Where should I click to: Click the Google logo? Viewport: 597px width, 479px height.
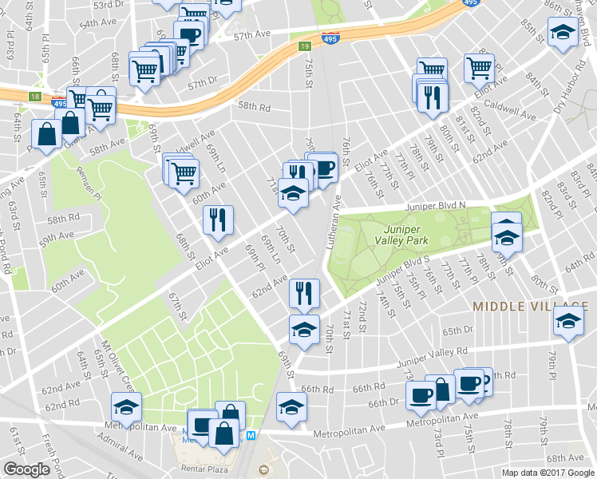pyautogui.click(x=26, y=470)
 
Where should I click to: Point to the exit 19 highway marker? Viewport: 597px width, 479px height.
pyautogui.click(x=305, y=47)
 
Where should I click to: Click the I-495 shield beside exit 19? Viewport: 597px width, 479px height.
pyautogui.click(x=329, y=38)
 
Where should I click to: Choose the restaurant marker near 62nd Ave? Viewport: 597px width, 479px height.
pyautogui.click(x=303, y=292)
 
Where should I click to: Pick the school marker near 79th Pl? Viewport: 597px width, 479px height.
pyautogui.click(x=567, y=322)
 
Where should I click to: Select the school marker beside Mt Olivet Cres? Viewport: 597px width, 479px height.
pyautogui.click(x=126, y=406)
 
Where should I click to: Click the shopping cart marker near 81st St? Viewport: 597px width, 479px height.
pyautogui.click(x=479, y=67)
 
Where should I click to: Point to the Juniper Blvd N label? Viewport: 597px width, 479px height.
pyautogui.click(x=434, y=205)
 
